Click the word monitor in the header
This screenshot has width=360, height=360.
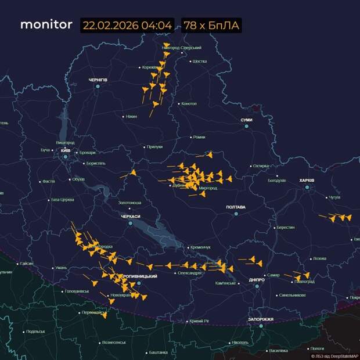click(46, 25)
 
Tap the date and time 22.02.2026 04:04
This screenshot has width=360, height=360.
click(128, 26)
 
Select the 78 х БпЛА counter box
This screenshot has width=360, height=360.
click(211, 26)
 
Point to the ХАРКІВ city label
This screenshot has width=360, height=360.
click(306, 181)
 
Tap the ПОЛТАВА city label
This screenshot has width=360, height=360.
click(236, 207)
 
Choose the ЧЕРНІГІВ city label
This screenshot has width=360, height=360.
click(98, 79)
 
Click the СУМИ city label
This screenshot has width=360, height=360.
click(246, 120)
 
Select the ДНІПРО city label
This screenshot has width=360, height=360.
click(257, 280)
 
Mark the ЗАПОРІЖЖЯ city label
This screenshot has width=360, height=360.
click(261, 319)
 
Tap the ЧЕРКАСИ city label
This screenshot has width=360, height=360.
click(131, 216)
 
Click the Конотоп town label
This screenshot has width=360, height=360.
click(189, 104)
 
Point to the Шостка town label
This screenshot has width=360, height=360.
click(199, 61)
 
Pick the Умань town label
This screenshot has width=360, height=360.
click(61, 268)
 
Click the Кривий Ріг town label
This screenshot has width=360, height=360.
click(199, 321)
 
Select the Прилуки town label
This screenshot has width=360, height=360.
click(154, 147)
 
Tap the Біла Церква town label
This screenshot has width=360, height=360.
click(63, 200)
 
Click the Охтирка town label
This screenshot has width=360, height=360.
click(261, 166)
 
